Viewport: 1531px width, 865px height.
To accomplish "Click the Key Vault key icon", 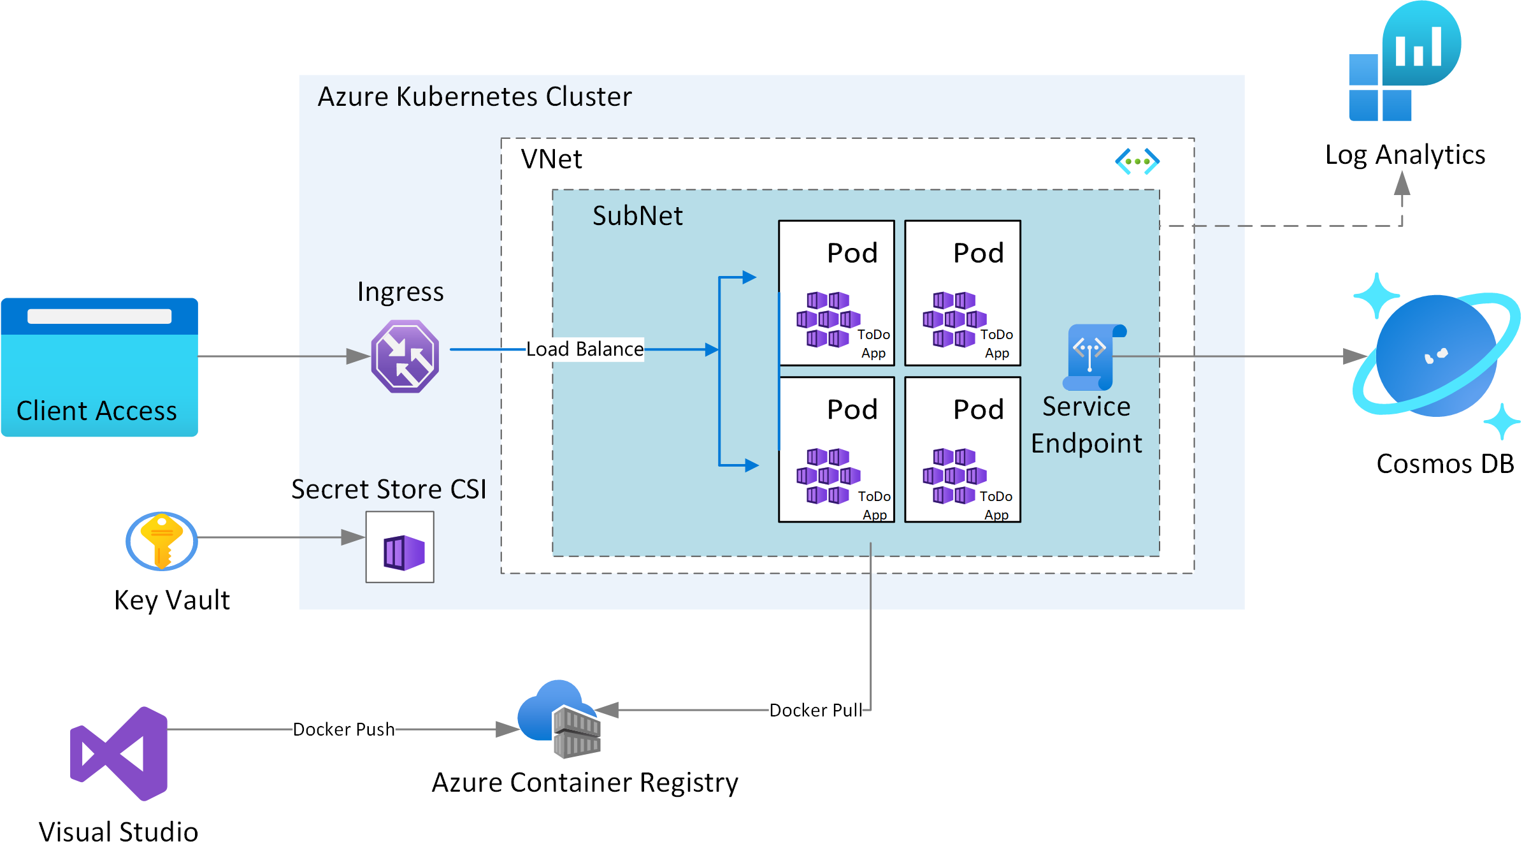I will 162,541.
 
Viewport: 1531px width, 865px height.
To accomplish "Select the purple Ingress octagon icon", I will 405,356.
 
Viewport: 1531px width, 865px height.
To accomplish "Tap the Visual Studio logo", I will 120,753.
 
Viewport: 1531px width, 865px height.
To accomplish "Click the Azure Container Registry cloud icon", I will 559,719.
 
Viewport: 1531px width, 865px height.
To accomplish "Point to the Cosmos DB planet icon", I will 1436,356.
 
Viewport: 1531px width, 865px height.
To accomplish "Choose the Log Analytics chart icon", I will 1405,61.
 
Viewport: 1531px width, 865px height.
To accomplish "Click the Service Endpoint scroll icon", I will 1092,357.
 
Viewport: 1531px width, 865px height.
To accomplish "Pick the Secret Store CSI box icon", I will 400,547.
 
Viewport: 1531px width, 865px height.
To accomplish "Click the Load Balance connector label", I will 584,349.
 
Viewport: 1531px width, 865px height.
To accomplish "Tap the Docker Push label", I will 343,729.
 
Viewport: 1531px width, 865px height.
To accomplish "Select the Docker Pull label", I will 816,710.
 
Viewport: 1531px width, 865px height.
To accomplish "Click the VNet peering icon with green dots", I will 1137,161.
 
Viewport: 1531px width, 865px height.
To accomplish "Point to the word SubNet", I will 637,215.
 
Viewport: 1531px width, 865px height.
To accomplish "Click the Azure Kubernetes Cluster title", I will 475,97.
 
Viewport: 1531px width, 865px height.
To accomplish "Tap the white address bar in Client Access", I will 99,316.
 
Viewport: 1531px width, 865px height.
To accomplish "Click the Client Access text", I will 97,411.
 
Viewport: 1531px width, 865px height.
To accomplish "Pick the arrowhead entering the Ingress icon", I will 357,356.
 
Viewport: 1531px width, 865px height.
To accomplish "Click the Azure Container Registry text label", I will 585,783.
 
